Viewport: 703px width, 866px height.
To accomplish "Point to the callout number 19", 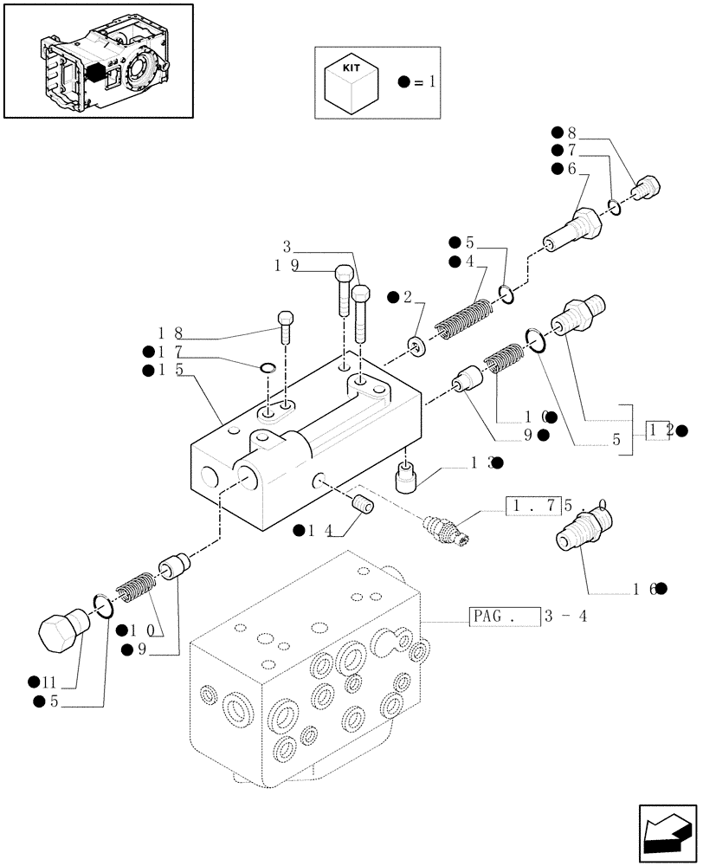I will tap(287, 266).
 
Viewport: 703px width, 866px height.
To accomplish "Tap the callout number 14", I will tap(318, 530).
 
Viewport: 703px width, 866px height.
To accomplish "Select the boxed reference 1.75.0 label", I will tap(532, 506).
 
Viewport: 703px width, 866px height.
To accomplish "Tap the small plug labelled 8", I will tap(646, 186).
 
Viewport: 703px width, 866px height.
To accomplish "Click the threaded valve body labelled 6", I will tap(576, 230).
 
